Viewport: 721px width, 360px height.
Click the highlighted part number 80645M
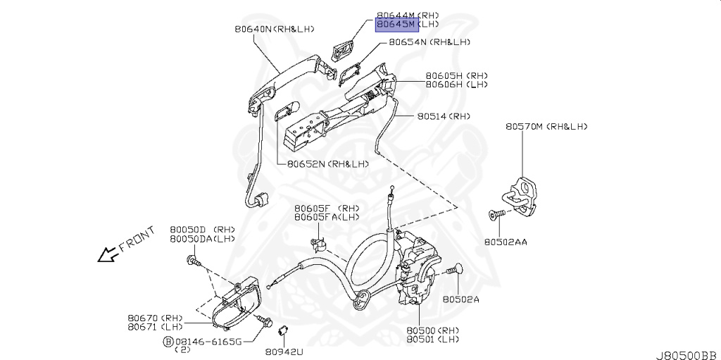pos(397,23)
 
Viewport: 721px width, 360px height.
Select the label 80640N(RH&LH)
pos(275,29)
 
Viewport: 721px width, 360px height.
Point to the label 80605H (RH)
pos(456,75)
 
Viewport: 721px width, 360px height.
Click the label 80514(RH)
pos(443,116)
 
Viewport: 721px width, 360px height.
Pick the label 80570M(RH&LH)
pos(546,127)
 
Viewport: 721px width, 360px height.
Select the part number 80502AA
pos(506,242)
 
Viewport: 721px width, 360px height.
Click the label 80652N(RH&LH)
pos(327,163)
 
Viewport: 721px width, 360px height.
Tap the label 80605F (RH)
pos(327,209)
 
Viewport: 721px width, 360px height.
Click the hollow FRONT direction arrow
pos(108,254)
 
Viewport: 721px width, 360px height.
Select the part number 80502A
pos(460,299)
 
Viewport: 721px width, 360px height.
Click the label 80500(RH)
pos(432,330)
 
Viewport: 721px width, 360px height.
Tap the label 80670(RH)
pos(155,318)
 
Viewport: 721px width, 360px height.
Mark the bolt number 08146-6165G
pos(208,341)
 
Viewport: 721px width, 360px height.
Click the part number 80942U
pos(284,350)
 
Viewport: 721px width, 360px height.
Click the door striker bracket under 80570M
pos(522,193)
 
